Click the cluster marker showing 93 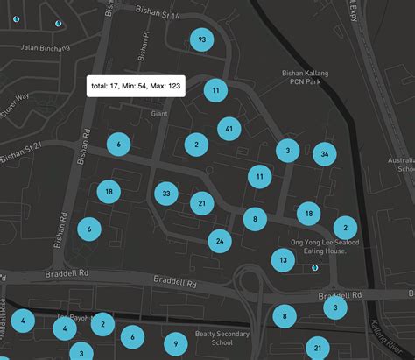[202, 39]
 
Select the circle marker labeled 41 [229, 129]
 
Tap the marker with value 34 [325, 155]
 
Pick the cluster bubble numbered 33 [166, 193]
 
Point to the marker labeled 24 [221, 241]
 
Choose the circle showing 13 [283, 260]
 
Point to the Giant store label [159, 113]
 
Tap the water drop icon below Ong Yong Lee [315, 269]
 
